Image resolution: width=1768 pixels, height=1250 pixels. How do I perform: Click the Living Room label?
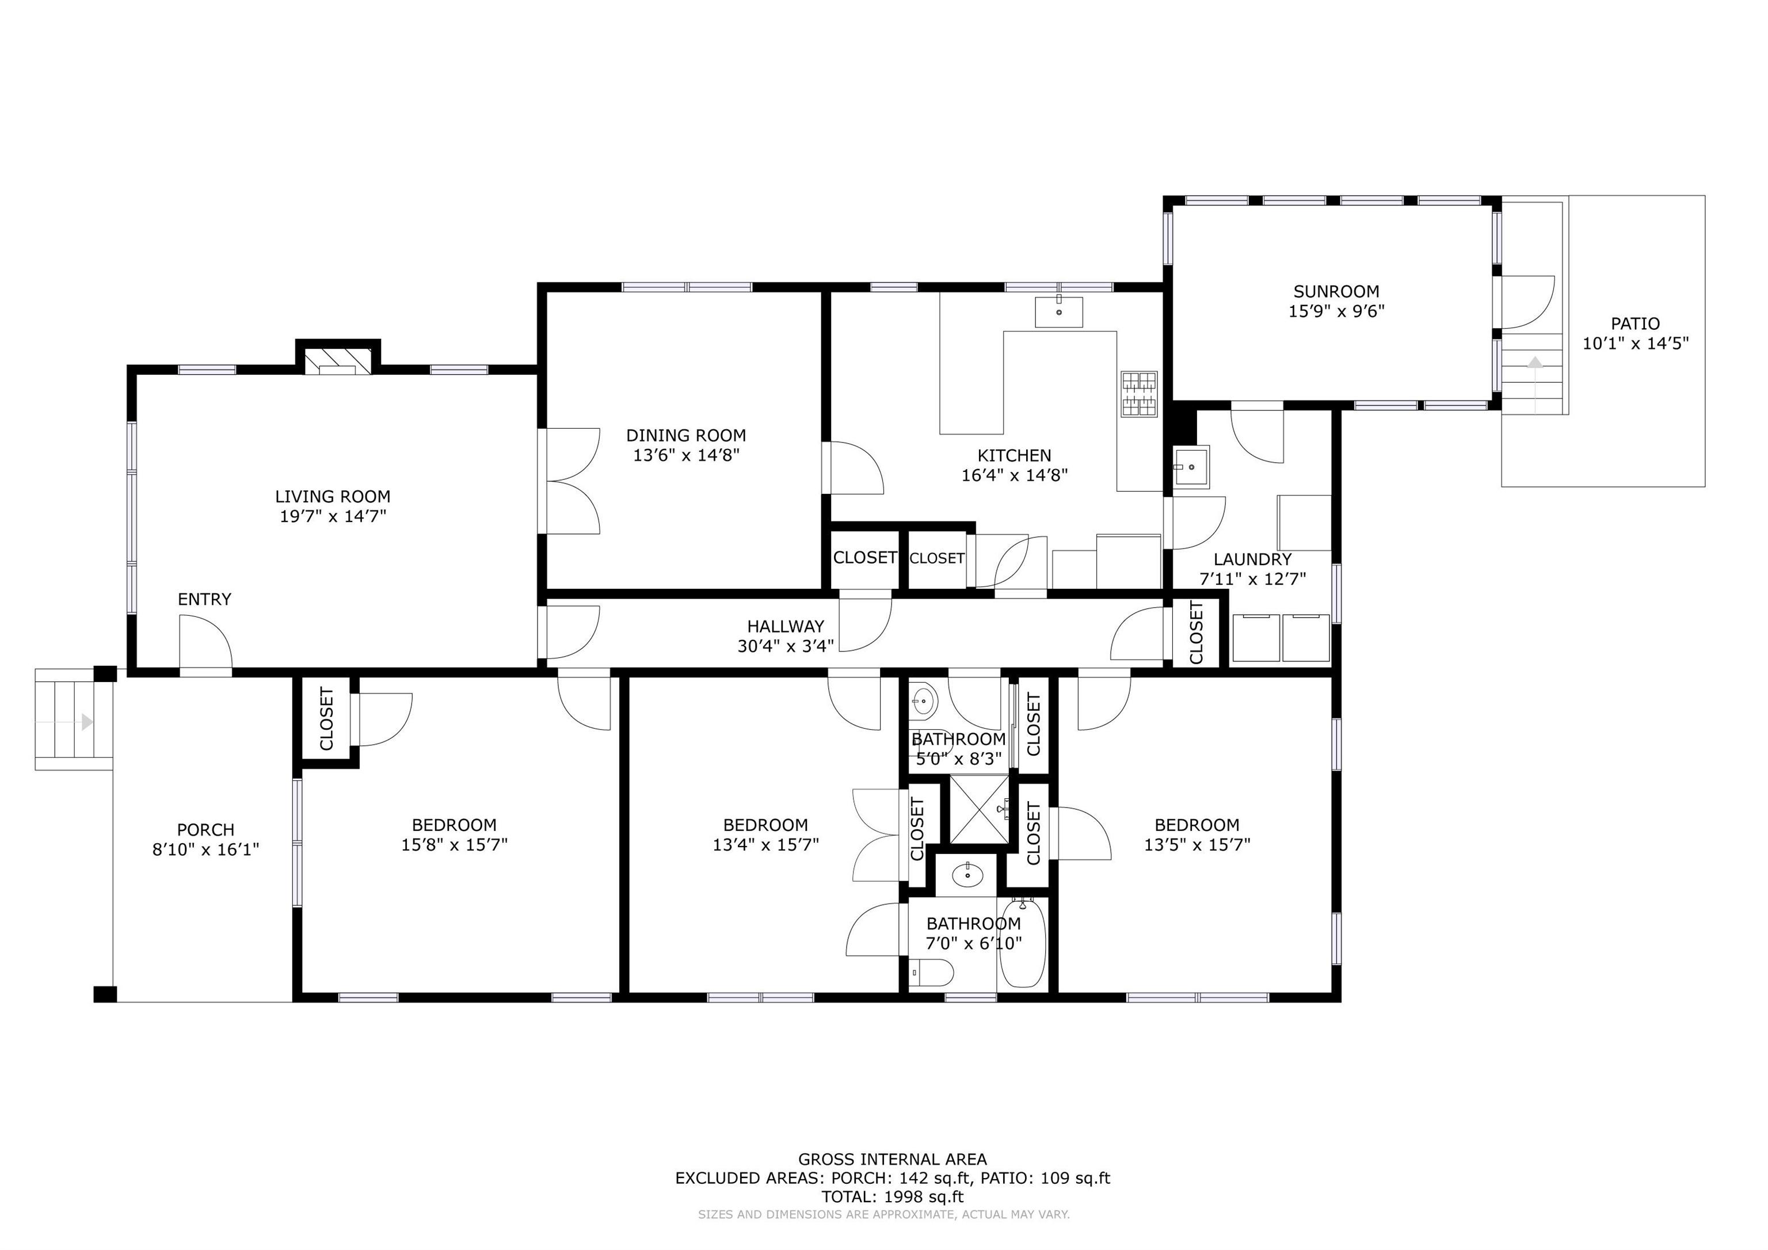pos(333,497)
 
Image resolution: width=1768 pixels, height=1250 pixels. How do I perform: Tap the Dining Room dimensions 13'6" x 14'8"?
pos(686,455)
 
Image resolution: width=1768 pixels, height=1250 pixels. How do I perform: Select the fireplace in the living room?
pos(338,360)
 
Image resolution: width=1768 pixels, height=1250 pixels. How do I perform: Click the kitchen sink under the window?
pos(1059,312)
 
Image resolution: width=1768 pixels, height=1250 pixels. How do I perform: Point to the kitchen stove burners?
pos(1139,394)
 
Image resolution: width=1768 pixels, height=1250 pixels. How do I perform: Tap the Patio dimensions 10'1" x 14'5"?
pos(1636,344)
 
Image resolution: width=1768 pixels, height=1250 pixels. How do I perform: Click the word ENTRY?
pos(204,599)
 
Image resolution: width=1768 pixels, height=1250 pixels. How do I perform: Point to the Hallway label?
pos(786,627)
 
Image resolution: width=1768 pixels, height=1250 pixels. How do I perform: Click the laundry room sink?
pos(1191,467)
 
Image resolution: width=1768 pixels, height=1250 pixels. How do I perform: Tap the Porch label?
pos(205,830)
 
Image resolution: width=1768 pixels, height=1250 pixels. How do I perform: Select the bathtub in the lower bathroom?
pos(1023,944)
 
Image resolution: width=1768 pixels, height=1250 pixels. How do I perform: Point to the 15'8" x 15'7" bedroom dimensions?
pos(454,845)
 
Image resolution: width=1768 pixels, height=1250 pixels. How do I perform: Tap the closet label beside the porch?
pos(326,719)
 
